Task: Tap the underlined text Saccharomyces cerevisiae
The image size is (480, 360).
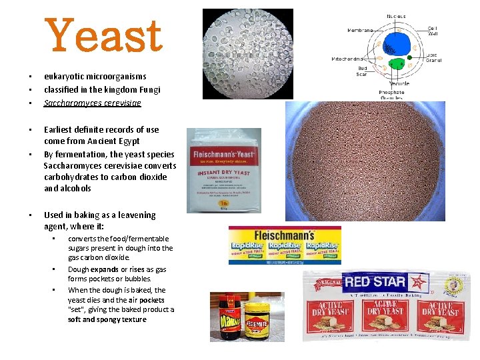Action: [x=92, y=103]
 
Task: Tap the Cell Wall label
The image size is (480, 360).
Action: [x=433, y=33]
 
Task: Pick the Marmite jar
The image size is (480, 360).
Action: [x=229, y=316]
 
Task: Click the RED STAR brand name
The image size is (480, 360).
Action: [x=375, y=281]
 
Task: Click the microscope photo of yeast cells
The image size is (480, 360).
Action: [x=247, y=45]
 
